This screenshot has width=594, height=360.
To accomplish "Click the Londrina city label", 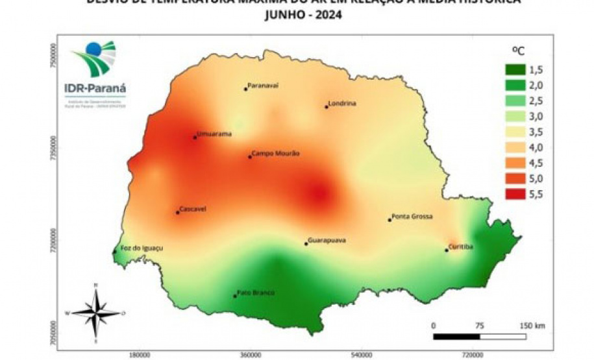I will (343, 103).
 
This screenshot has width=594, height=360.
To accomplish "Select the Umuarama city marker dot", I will (195, 137).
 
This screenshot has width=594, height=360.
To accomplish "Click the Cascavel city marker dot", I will (178, 212).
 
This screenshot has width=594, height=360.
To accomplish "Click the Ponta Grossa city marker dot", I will (390, 220).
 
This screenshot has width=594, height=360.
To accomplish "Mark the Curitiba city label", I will (461, 246).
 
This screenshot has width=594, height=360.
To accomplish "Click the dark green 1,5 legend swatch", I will (518, 70).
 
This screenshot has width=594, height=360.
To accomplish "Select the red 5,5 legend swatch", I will (518, 194).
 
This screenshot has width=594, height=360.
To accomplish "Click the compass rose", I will (96, 313).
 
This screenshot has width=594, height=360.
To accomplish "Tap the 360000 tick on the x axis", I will (251, 355).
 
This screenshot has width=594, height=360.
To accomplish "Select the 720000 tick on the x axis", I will (472, 355).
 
